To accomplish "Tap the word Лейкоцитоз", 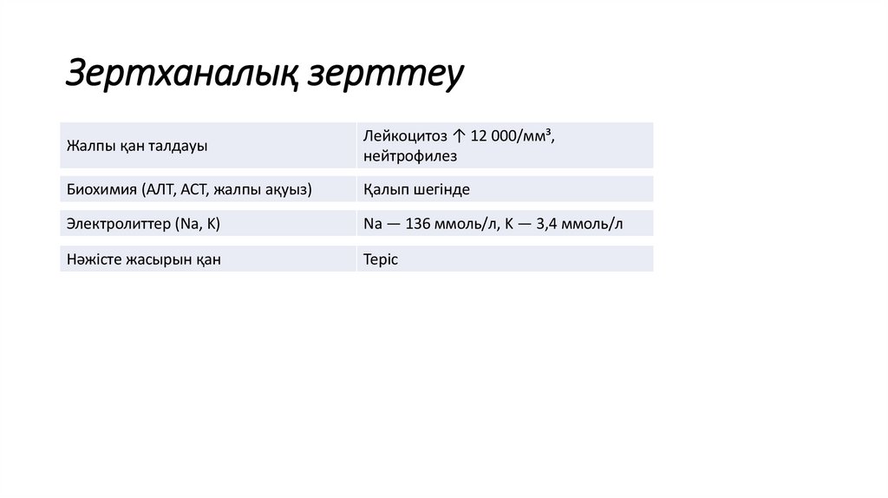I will point(405,136).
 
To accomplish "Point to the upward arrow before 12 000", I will point(459,136).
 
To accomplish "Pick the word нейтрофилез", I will point(410,156).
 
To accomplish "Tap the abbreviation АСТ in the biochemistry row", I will point(194,189).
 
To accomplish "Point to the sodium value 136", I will point(418,224).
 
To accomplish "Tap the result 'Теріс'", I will point(381,259).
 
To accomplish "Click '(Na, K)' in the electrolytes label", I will point(199,224).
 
